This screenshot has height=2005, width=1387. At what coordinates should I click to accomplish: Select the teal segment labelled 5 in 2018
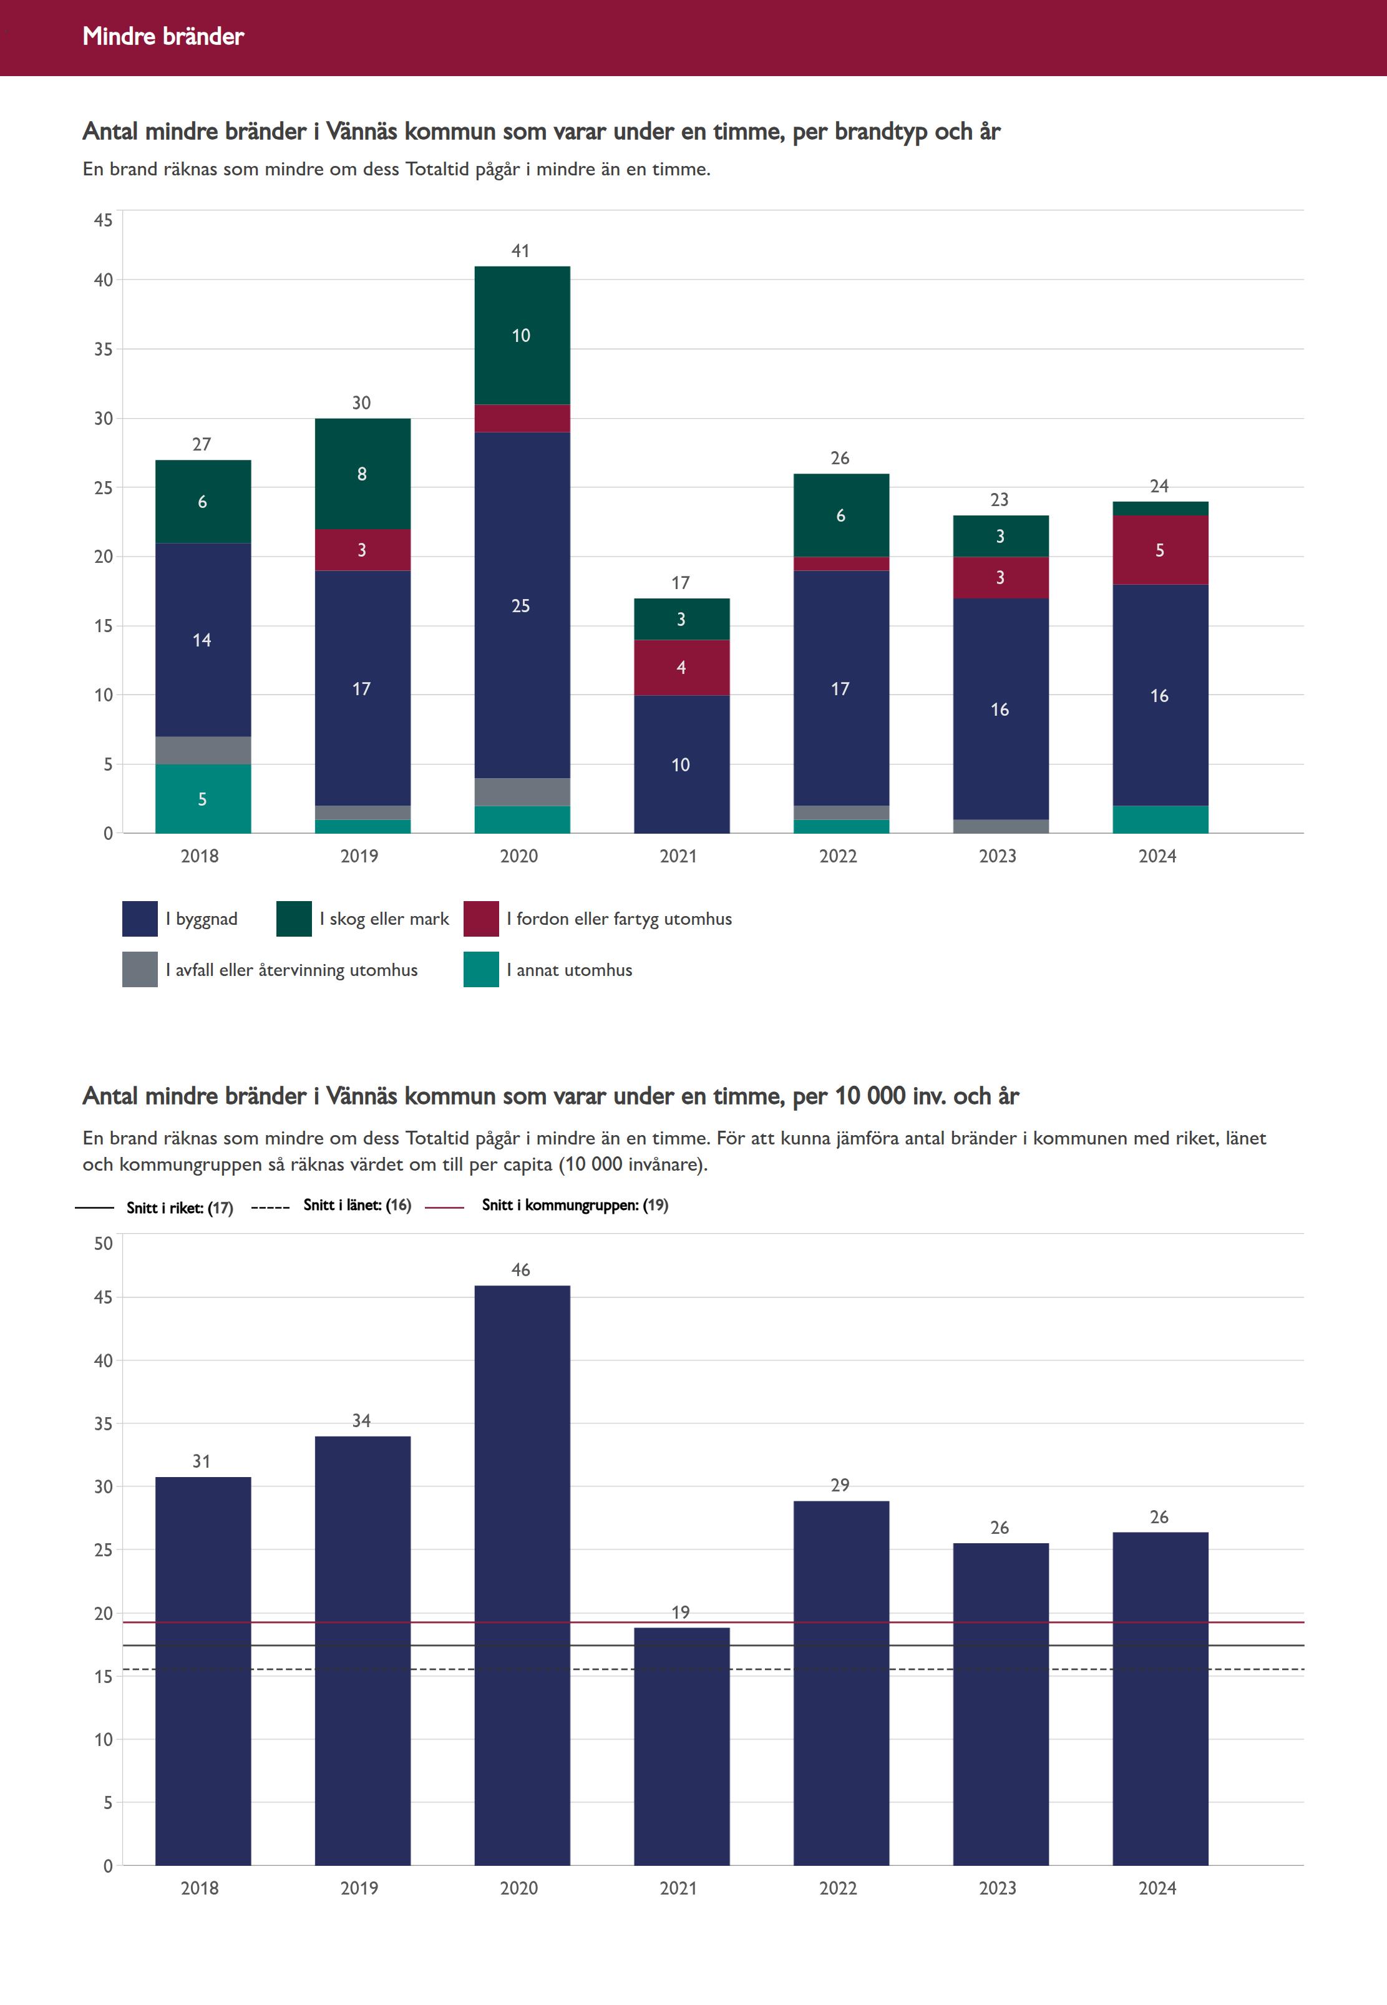[203, 799]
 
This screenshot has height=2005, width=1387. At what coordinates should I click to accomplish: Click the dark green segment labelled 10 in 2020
[522, 336]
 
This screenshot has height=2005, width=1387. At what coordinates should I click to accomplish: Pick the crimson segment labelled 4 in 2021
[681, 668]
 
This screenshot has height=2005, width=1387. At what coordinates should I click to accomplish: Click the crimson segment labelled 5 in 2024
[1159, 550]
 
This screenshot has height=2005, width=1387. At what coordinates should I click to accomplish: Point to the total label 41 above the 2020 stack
[520, 251]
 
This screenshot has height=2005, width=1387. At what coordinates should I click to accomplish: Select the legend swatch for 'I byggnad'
[140, 919]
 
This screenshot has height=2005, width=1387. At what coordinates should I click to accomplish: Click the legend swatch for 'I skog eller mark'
[294, 919]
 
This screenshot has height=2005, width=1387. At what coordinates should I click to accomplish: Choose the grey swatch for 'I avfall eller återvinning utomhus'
[140, 970]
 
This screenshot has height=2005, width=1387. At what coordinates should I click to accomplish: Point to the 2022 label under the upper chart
[838, 856]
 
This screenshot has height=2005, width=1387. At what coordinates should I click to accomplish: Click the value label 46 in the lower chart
[520, 1270]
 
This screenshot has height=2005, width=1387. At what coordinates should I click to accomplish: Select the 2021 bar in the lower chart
[681, 1747]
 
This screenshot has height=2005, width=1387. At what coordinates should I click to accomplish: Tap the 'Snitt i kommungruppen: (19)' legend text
[575, 1204]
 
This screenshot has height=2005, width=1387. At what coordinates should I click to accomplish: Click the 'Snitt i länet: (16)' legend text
[357, 1204]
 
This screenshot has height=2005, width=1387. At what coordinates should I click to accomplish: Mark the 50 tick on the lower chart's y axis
[104, 1243]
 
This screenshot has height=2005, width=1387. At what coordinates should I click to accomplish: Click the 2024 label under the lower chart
[1157, 1888]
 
